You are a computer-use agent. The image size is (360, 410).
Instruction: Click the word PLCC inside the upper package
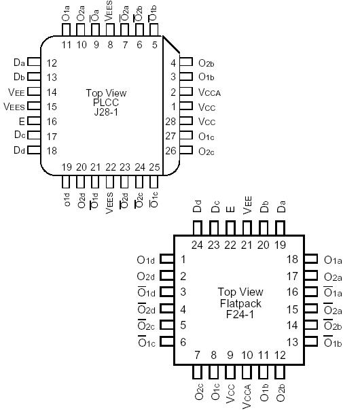[x=105, y=103]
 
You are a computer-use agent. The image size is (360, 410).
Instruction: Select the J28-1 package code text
[x=105, y=113]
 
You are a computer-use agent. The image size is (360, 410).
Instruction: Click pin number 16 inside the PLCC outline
[x=52, y=121]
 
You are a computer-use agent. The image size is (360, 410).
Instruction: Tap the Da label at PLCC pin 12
[x=18, y=63]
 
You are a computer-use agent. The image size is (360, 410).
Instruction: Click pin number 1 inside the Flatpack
[x=183, y=259]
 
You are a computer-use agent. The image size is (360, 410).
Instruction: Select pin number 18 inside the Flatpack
[x=293, y=259]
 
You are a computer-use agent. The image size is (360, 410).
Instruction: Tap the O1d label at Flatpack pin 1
[x=146, y=259]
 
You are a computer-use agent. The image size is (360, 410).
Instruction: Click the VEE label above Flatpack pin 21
[x=247, y=207]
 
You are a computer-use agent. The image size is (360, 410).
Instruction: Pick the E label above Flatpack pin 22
[x=230, y=210]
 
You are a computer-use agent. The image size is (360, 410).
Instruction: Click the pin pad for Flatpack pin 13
[x=311, y=342]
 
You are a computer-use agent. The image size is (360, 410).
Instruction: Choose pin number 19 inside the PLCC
[x=66, y=167]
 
